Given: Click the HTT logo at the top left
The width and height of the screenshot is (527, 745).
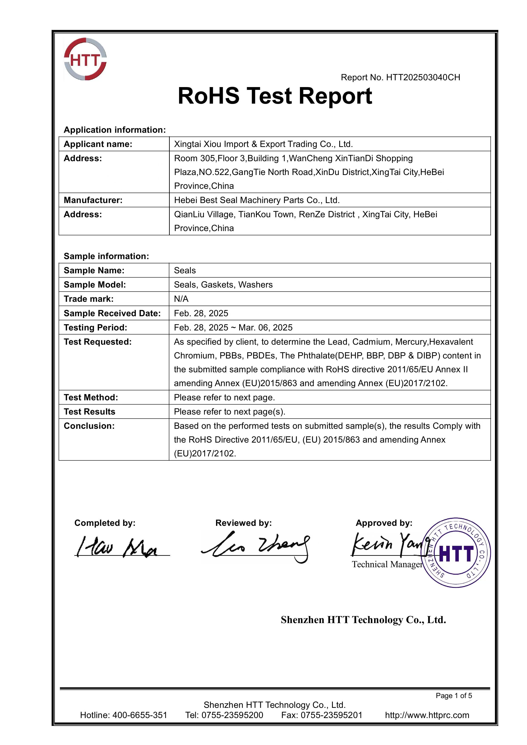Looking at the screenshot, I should click(85, 59).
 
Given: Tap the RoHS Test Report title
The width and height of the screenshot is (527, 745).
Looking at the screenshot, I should click(275, 96).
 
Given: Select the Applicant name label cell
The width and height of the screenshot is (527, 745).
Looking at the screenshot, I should click(98, 144).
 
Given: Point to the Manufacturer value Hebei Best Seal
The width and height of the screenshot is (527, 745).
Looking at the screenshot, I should click(257, 200).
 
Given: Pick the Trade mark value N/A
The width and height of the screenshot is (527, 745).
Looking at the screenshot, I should click(181, 299).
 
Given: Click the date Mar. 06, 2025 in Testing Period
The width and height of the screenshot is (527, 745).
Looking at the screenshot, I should click(266, 327).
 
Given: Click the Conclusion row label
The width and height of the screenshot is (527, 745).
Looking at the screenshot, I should click(89, 426).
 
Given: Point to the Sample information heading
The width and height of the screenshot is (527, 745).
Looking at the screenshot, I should click(106, 256).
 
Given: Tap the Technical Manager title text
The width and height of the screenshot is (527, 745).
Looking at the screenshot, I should click(387, 565).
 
